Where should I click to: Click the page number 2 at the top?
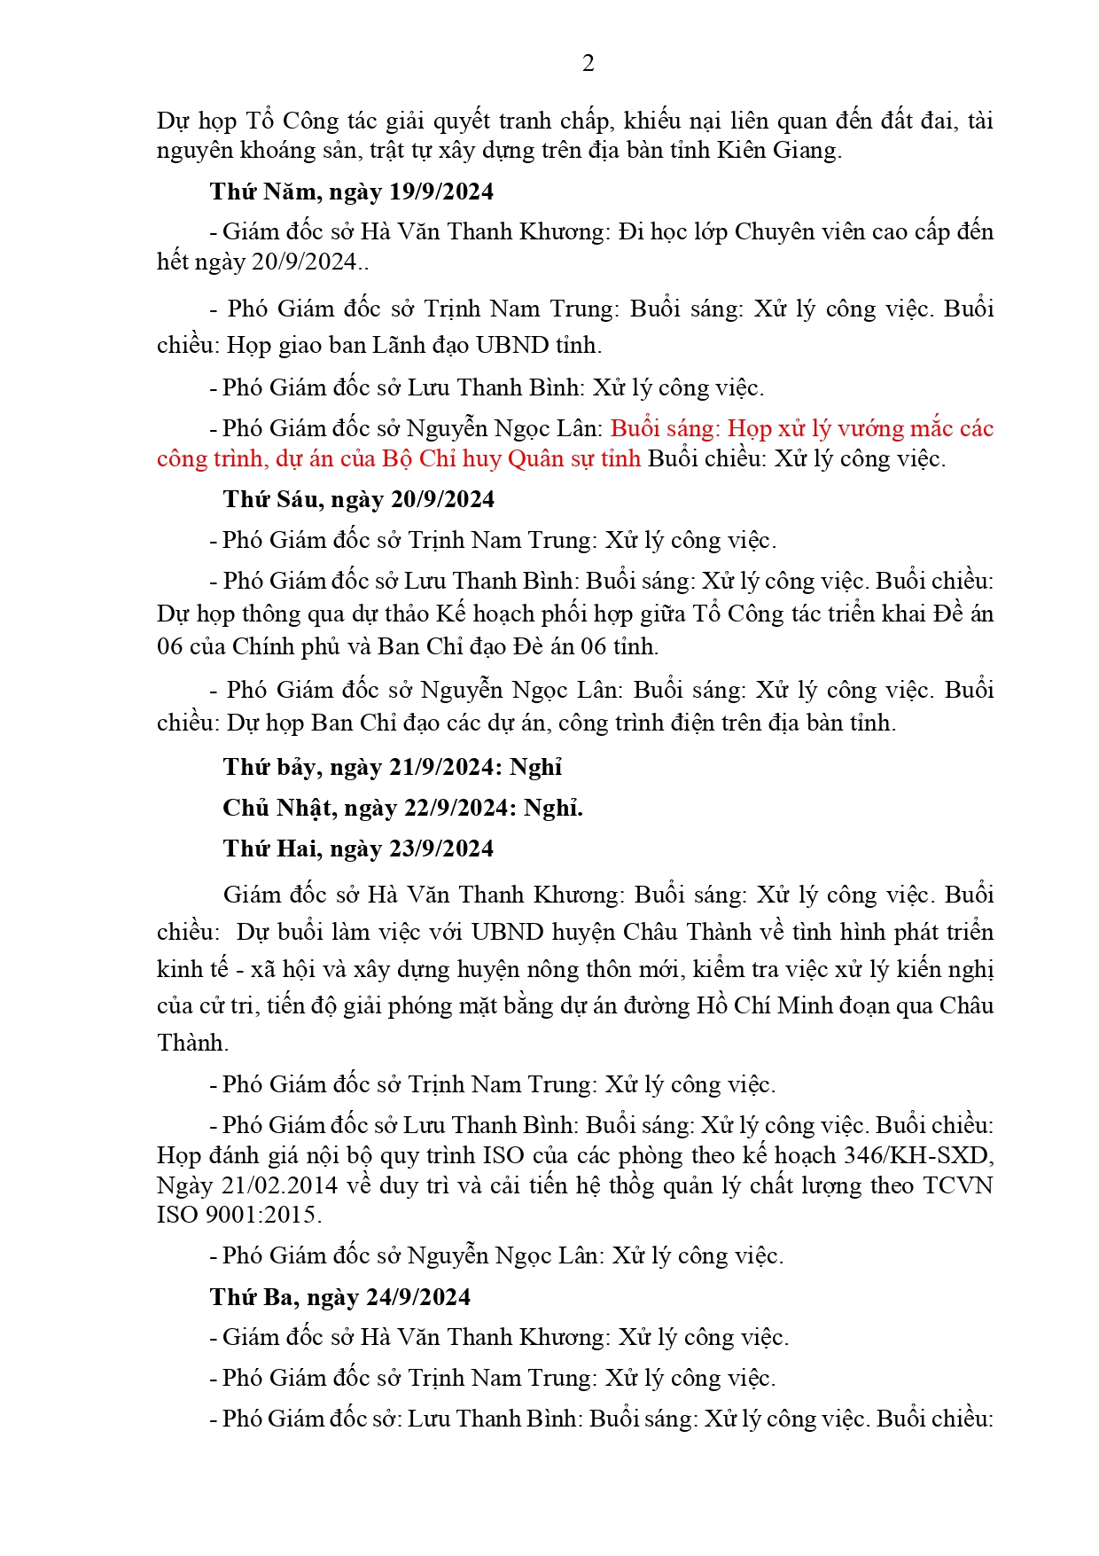(588, 63)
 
